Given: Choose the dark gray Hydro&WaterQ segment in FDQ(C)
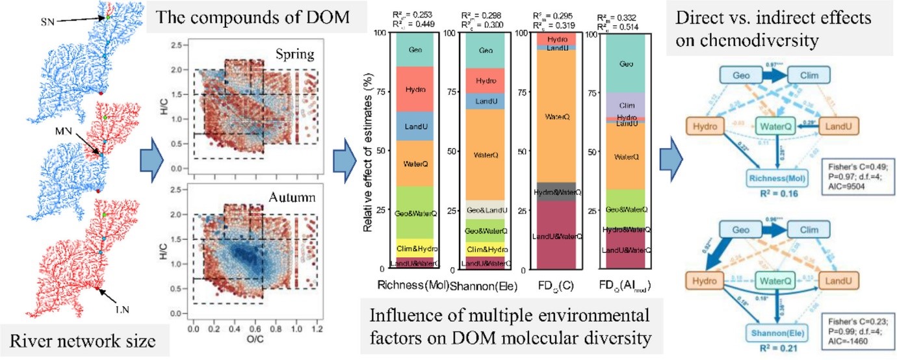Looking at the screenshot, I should coord(557,192).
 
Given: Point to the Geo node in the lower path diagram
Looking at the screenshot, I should coord(728,230).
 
